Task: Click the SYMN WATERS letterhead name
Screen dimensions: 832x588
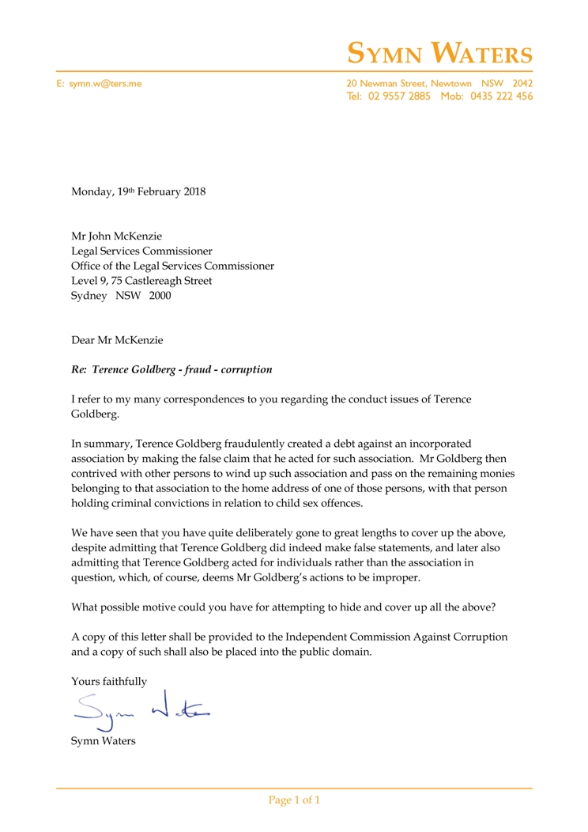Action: (440, 54)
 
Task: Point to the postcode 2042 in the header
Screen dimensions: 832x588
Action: (522, 83)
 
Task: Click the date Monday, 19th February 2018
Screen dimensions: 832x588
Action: (138, 192)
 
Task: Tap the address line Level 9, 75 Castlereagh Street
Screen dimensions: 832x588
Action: (141, 281)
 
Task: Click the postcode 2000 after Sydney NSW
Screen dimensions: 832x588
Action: (159, 296)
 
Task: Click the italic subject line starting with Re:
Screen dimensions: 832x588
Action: (172, 369)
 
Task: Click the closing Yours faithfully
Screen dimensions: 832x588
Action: (109, 681)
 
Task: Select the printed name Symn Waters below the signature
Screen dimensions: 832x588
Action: (103, 741)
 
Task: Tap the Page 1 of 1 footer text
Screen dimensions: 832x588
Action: (294, 800)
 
